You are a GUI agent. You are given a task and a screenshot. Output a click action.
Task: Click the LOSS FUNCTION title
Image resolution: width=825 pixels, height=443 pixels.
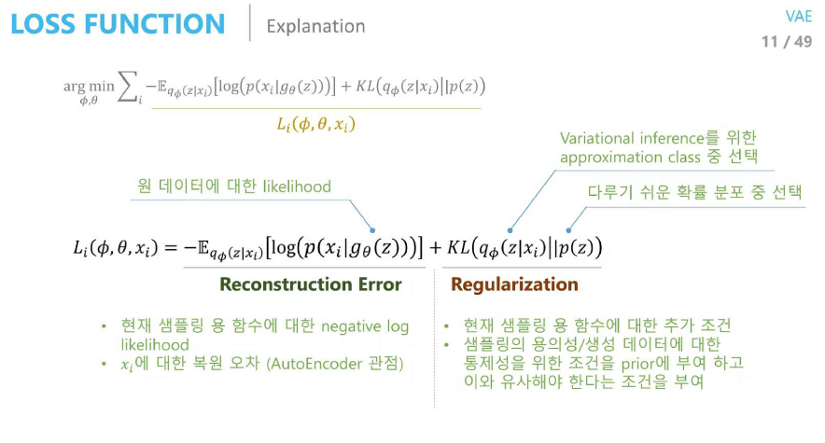(118, 24)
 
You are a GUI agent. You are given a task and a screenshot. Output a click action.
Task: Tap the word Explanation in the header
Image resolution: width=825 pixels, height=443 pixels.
(315, 26)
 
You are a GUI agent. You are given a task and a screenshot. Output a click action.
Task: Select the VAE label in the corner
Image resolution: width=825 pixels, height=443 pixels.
(799, 16)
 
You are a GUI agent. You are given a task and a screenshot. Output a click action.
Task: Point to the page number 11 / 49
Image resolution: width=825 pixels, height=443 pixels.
(787, 42)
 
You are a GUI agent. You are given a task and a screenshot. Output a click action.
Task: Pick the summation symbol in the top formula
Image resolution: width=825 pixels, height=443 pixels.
(129, 88)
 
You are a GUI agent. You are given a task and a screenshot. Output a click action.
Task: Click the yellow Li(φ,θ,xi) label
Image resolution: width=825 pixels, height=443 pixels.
(316, 125)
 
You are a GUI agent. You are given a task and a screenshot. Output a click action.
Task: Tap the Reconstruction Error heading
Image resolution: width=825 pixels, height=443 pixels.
(311, 284)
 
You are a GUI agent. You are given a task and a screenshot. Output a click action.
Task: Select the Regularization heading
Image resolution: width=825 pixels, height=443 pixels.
(514, 284)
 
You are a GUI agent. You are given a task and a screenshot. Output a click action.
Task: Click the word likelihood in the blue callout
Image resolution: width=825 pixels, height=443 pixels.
(297, 187)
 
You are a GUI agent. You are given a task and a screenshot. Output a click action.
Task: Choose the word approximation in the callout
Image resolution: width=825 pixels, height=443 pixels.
(611, 157)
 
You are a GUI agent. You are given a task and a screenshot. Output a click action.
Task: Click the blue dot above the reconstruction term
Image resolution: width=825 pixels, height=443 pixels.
(372, 230)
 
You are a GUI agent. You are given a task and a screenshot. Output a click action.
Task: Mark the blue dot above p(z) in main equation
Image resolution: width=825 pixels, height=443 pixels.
(568, 230)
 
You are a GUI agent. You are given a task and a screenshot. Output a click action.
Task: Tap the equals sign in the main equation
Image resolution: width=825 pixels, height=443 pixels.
(172, 247)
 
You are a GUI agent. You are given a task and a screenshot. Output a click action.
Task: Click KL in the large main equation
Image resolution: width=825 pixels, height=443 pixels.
(457, 247)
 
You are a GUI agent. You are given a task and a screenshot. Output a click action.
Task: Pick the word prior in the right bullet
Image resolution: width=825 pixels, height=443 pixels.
(637, 364)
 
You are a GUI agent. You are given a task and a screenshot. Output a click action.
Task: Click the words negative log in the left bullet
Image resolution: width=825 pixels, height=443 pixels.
(365, 326)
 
